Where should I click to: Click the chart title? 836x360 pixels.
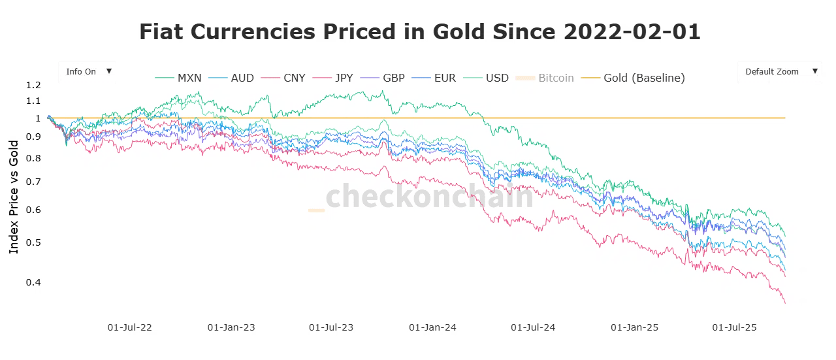pyautogui.click(x=419, y=31)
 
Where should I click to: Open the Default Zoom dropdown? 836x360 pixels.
pyautogui.click(x=779, y=72)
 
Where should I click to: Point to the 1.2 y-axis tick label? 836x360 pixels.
pyautogui.click(x=34, y=85)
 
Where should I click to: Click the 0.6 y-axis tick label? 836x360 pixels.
pyautogui.click(x=34, y=210)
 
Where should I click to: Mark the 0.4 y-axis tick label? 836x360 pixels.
pyautogui.click(x=34, y=282)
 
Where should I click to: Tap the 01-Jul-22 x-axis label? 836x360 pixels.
pyautogui.click(x=129, y=327)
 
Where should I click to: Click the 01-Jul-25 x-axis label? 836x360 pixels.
pyautogui.click(x=733, y=327)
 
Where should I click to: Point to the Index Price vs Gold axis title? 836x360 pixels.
pyautogui.click(x=14, y=196)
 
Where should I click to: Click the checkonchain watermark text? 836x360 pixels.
pyautogui.click(x=429, y=196)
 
